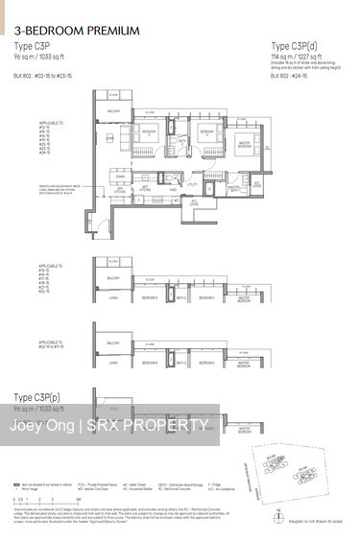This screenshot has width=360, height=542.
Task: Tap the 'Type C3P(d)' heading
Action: (x=295, y=46)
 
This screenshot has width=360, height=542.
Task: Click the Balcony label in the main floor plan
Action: (x=113, y=111)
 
